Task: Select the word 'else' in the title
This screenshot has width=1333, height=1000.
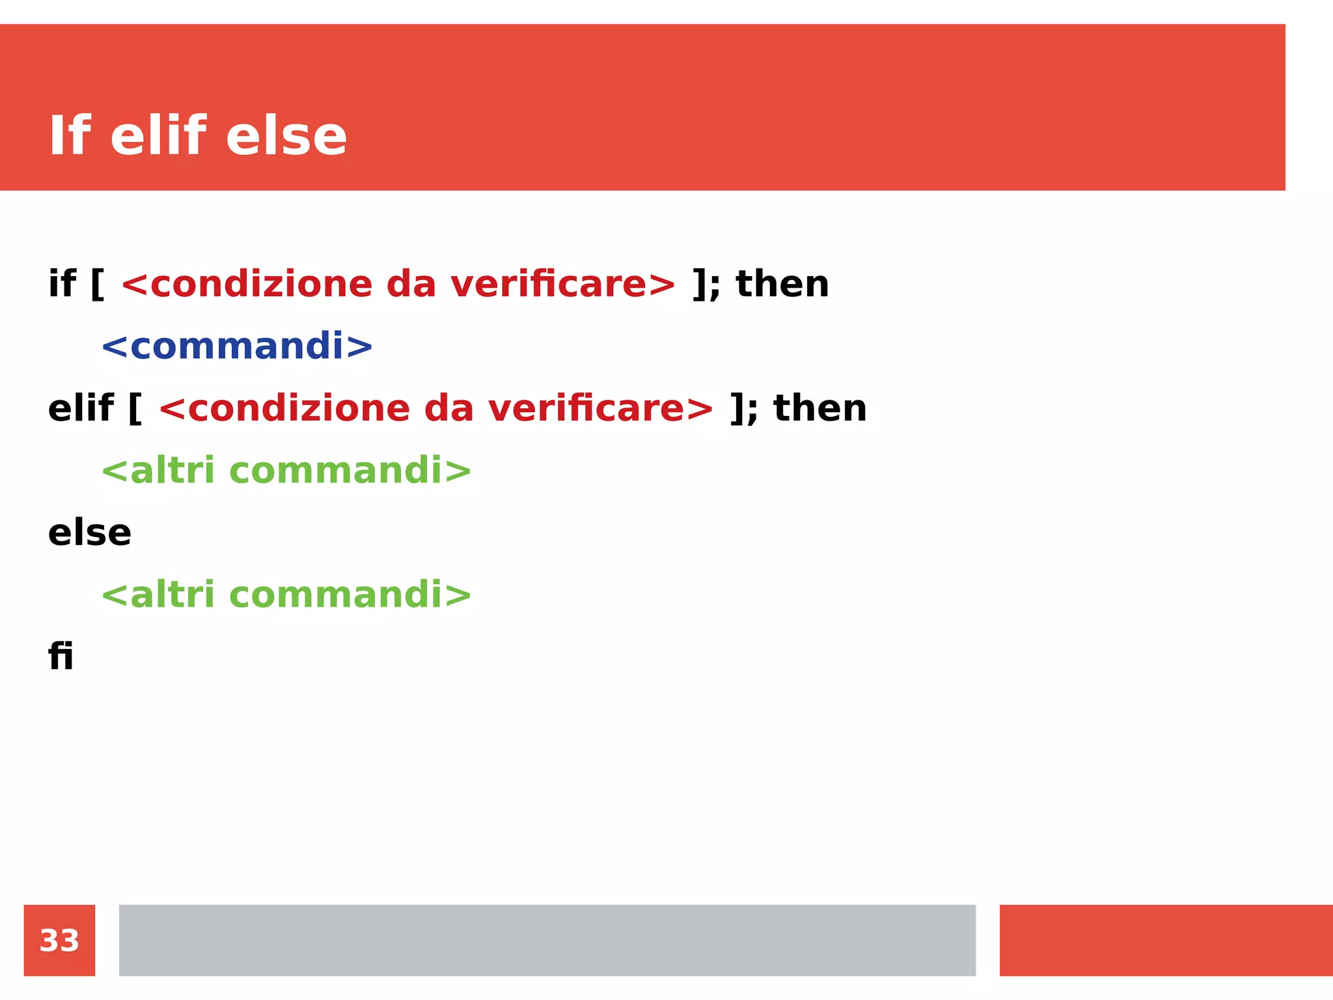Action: click(x=286, y=136)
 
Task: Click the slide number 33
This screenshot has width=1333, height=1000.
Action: click(x=59, y=940)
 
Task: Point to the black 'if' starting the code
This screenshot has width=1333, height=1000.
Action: click(x=62, y=284)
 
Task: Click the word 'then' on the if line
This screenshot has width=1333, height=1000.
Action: click(x=782, y=284)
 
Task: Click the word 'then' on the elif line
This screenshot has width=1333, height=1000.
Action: click(x=820, y=408)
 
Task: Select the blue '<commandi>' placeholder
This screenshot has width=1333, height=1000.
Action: click(x=237, y=346)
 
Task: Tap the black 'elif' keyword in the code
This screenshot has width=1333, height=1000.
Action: click(x=81, y=408)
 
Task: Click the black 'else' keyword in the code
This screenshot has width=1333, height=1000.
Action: click(x=90, y=533)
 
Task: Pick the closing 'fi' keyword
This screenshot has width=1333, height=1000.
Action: click(x=61, y=656)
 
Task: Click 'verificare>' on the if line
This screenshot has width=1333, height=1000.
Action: click(x=563, y=284)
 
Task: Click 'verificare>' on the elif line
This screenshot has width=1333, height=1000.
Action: click(x=601, y=408)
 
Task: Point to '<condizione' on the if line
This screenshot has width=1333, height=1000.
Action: click(x=246, y=284)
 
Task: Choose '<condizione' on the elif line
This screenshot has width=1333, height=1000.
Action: click(x=284, y=408)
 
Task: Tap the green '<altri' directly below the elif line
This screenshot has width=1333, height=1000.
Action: click(x=158, y=470)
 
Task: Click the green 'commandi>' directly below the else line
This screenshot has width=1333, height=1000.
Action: click(x=350, y=594)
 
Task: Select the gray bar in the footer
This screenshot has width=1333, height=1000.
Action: click(x=547, y=940)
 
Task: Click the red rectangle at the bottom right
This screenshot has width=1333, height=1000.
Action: click(x=1166, y=940)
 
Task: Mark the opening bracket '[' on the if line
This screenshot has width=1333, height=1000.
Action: click(x=97, y=285)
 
